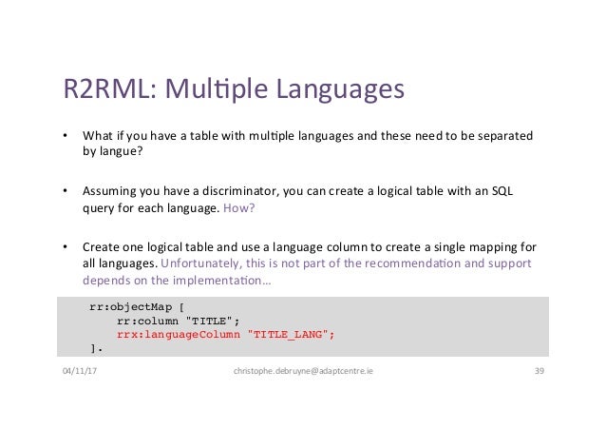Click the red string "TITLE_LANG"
[292, 335]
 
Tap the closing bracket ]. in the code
[94, 349]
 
